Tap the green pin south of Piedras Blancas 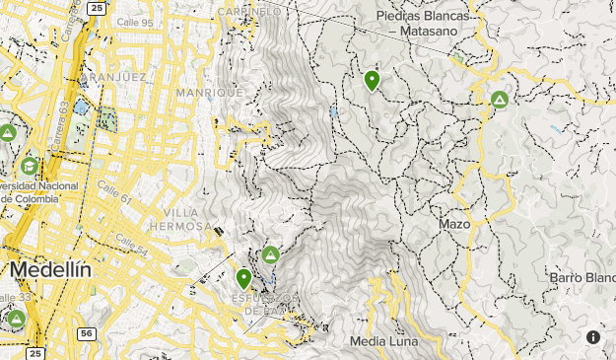[373, 80]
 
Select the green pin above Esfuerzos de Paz [243, 279]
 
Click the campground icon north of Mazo [500, 99]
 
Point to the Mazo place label [454, 224]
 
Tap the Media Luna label [383, 341]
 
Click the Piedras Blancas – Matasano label [425, 23]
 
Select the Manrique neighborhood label [202, 92]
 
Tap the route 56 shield [87, 334]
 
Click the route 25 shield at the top [95, 8]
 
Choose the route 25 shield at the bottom [35, 352]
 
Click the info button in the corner [593, 336]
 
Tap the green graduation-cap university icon [30, 166]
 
